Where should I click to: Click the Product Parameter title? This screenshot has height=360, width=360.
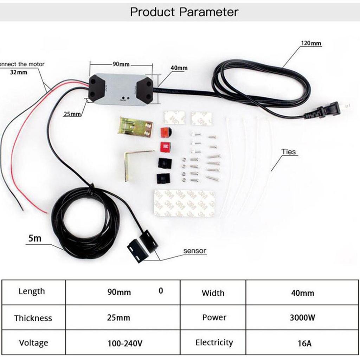tap(184, 12)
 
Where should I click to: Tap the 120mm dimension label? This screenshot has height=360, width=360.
tap(311, 43)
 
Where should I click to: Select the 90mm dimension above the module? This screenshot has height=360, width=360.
tap(121, 64)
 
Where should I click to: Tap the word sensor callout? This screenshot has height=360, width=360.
tap(195, 251)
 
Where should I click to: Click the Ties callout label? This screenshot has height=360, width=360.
tap(289, 152)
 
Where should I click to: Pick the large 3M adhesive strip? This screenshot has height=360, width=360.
tap(184, 204)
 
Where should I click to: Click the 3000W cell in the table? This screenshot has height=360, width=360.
tap(302, 318)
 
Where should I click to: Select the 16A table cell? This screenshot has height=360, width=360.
tap(302, 343)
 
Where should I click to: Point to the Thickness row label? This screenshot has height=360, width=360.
tap(33, 318)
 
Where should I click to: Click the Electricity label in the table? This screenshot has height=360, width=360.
tap(214, 342)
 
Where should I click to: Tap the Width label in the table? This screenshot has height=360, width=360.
tap(213, 293)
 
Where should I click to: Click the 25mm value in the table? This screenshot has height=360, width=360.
tap(118, 318)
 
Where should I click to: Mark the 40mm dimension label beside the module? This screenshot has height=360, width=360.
tap(179, 68)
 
